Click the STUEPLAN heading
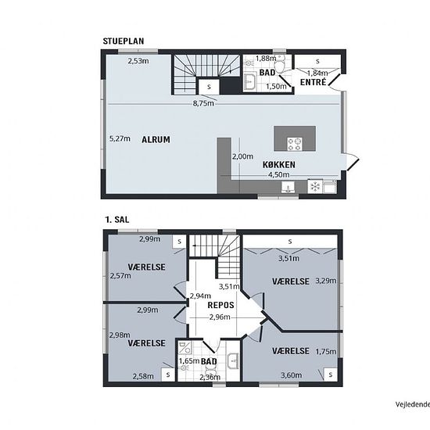(124, 41)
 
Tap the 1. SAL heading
(117, 220)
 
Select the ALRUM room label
(156, 140)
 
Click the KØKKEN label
(279, 164)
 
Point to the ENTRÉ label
(314, 82)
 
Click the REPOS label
(220, 305)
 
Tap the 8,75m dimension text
(203, 103)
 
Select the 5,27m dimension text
(120, 138)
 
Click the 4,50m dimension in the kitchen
(278, 174)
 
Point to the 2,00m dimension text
(242, 156)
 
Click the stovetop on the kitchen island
(294, 145)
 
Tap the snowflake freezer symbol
(315, 187)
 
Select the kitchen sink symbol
(288, 188)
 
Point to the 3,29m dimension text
(326, 281)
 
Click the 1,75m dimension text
(326, 352)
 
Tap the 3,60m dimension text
(292, 374)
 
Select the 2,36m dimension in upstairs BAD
(210, 378)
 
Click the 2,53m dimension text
(138, 61)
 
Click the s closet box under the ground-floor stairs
(209, 87)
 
